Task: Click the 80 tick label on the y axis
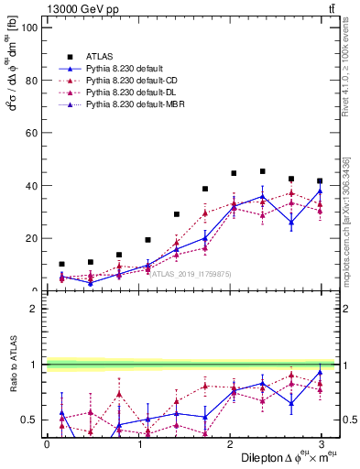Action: click(30, 80)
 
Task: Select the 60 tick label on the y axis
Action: click(30, 133)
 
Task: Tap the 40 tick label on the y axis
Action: click(30, 185)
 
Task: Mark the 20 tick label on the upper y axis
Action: click(30, 238)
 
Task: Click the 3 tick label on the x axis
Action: click(321, 442)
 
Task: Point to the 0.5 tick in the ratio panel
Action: click(28, 420)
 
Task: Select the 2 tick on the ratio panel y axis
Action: click(33, 309)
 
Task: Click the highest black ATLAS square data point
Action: click(262, 171)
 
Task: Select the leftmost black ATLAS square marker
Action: click(61, 264)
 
